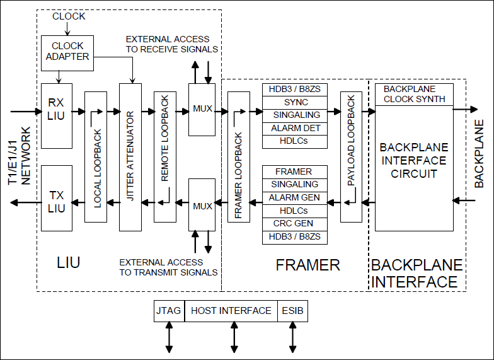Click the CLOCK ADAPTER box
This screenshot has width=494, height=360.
pos(67,51)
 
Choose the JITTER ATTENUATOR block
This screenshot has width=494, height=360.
pos(130,156)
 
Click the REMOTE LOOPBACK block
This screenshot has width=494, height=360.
pos(164,148)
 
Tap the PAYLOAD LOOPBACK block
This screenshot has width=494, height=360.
pos(351,156)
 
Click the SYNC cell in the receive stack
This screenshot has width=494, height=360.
pos(296,102)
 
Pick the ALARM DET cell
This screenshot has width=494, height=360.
pos(296,128)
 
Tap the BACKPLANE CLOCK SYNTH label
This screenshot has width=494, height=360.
pos(414,94)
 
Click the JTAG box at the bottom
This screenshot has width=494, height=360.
pos(169,311)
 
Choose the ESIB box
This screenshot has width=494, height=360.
pos(292,311)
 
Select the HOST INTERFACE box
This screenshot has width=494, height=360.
pos(231,311)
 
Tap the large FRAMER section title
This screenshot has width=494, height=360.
pos(307,265)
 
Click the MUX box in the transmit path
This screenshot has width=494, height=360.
pos(202,206)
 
